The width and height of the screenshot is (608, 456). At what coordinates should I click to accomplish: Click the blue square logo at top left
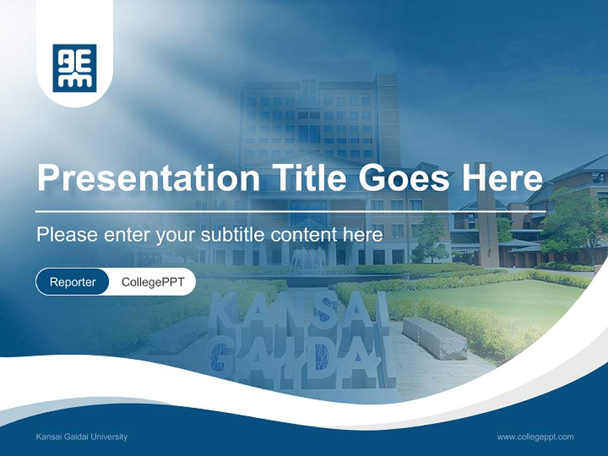pyautogui.click(x=75, y=68)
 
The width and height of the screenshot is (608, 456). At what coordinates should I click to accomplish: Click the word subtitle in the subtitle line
pyautogui.click(x=234, y=234)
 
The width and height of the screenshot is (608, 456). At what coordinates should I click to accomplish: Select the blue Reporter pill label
pyautogui.click(x=73, y=282)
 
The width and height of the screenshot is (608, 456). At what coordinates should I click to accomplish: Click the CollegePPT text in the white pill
pyautogui.click(x=153, y=282)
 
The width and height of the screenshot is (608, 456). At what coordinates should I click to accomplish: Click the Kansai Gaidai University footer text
pyautogui.click(x=82, y=436)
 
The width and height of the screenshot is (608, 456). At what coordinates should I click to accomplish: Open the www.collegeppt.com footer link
pyautogui.click(x=535, y=436)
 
